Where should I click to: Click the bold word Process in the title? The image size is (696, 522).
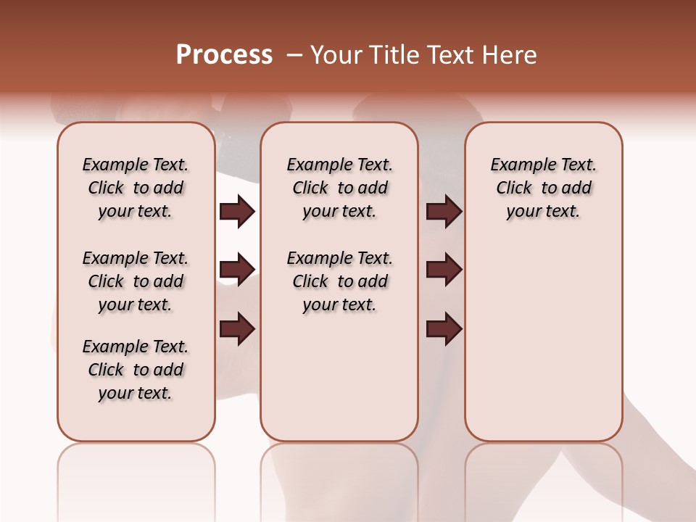coord(224,55)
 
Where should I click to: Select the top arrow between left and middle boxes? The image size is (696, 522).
coord(237,212)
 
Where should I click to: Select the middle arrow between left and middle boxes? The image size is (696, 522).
coord(237,270)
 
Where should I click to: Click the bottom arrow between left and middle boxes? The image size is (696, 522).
coord(237,329)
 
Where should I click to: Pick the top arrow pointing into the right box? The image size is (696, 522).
coord(444,212)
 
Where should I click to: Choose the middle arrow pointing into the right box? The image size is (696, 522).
coord(444,270)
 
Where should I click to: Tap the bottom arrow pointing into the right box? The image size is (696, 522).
coord(444,329)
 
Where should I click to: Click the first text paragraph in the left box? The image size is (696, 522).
coord(136,188)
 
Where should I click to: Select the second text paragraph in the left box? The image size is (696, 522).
coord(136,281)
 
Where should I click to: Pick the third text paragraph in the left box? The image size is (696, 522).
coord(136,370)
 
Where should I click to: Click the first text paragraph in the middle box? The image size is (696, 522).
coord(339,188)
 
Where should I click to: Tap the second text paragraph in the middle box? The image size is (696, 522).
coord(339,281)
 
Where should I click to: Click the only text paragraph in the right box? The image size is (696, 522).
coord(543,188)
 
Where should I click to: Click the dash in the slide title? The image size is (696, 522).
coord(294,55)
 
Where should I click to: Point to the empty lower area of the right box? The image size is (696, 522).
coord(543,341)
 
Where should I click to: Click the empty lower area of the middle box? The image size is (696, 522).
coord(339,377)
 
